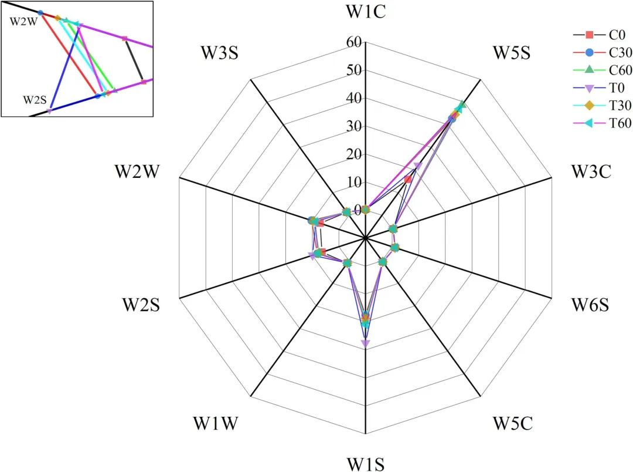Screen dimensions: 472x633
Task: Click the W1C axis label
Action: (x=365, y=12)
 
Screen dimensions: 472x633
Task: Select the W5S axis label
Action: (x=511, y=53)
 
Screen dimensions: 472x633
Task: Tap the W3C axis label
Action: (x=591, y=171)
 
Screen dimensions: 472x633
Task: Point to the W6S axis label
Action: (x=590, y=305)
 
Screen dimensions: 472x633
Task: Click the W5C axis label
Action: (x=512, y=423)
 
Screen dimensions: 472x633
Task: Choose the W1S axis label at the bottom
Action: (x=365, y=464)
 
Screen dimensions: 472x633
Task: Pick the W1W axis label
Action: (x=215, y=423)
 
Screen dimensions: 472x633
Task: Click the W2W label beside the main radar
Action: (x=139, y=171)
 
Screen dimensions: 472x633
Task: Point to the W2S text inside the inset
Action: (x=35, y=99)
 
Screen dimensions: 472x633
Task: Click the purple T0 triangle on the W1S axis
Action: (x=365, y=343)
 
